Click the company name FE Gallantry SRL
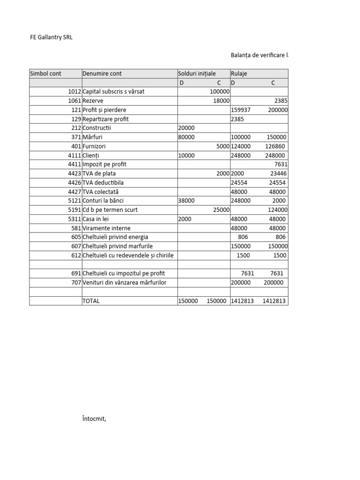[x=51, y=38]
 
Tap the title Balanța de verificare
[x=259, y=55]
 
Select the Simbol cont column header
[x=45, y=74]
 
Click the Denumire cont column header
[x=102, y=74]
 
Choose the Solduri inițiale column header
[x=197, y=74]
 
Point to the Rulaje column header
[x=239, y=74]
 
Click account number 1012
[x=74, y=92]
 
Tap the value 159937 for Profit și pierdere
[x=241, y=110]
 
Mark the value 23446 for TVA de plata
[x=278, y=173]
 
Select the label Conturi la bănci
[x=103, y=201]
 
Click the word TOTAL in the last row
[x=91, y=301]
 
